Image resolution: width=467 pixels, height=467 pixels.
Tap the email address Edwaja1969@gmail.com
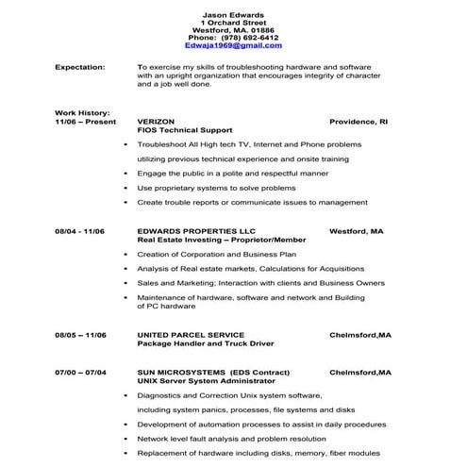[x=233, y=45]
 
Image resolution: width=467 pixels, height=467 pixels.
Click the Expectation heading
[x=80, y=68]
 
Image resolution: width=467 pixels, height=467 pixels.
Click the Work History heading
[x=83, y=113]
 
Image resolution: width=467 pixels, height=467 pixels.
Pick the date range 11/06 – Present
[x=85, y=122]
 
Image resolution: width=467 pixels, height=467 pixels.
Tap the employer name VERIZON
[x=157, y=122]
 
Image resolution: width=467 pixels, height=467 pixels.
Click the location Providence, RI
[x=359, y=122]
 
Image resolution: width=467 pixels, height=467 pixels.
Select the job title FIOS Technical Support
[x=185, y=130]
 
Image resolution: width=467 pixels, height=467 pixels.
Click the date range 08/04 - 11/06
[x=79, y=231]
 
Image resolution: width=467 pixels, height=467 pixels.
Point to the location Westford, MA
[x=356, y=231]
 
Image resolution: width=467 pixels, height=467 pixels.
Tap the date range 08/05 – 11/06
[x=80, y=335]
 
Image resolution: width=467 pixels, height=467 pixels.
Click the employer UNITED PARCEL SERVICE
[x=191, y=335]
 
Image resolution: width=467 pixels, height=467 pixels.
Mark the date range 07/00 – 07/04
[x=80, y=372]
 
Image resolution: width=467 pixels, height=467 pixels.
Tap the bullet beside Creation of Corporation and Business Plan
[x=126, y=254]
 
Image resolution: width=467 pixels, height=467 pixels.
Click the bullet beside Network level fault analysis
[x=126, y=439]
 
